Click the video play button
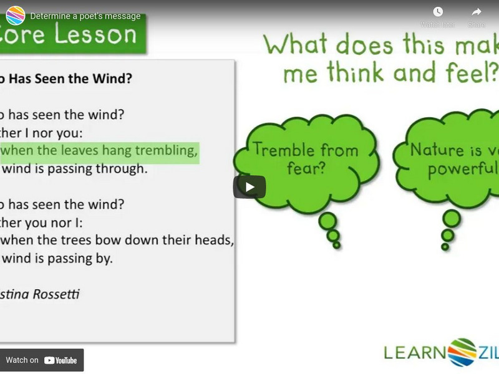click(249, 187)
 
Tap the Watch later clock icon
click(438, 12)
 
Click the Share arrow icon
click(477, 12)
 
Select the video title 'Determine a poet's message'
click(85, 16)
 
